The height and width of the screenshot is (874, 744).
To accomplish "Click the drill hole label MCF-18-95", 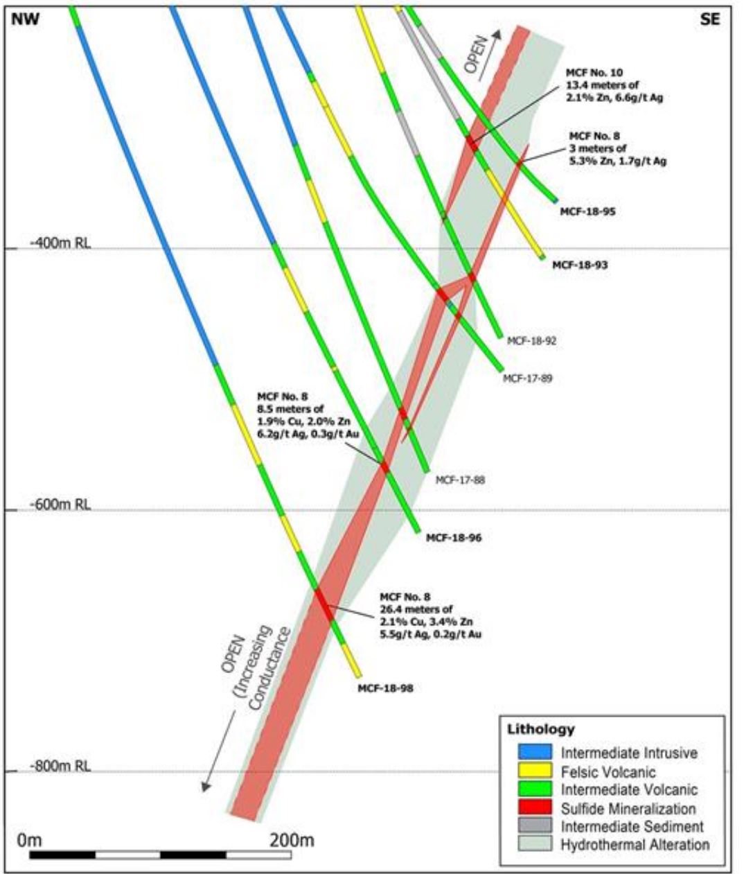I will coord(587,211).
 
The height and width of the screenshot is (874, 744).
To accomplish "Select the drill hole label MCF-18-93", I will coord(579,264).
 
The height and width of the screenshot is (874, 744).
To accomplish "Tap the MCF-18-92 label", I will coord(531,341).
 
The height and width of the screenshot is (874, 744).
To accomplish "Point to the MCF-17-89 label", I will coord(527,378).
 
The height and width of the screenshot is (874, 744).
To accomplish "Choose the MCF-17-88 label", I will coord(460,479).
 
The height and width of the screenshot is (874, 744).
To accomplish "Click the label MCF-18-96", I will coord(453,537).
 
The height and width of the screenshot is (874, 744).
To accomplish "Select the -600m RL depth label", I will coord(60,505).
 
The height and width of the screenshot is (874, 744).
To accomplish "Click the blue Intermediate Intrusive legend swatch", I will coord(535,752).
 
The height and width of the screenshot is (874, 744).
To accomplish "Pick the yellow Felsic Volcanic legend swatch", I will coord(535,771).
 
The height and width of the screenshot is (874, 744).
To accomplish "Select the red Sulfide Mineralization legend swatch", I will coord(535,808).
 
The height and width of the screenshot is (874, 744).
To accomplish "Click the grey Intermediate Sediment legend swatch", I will coord(535,826).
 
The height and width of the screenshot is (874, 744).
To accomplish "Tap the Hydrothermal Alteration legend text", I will coord(635,845).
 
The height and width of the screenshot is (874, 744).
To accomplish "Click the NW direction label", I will coord(25,19).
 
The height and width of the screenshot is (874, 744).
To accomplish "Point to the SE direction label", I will coord(710,19).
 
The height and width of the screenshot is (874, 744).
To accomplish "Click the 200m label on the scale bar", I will coord(292,841).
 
